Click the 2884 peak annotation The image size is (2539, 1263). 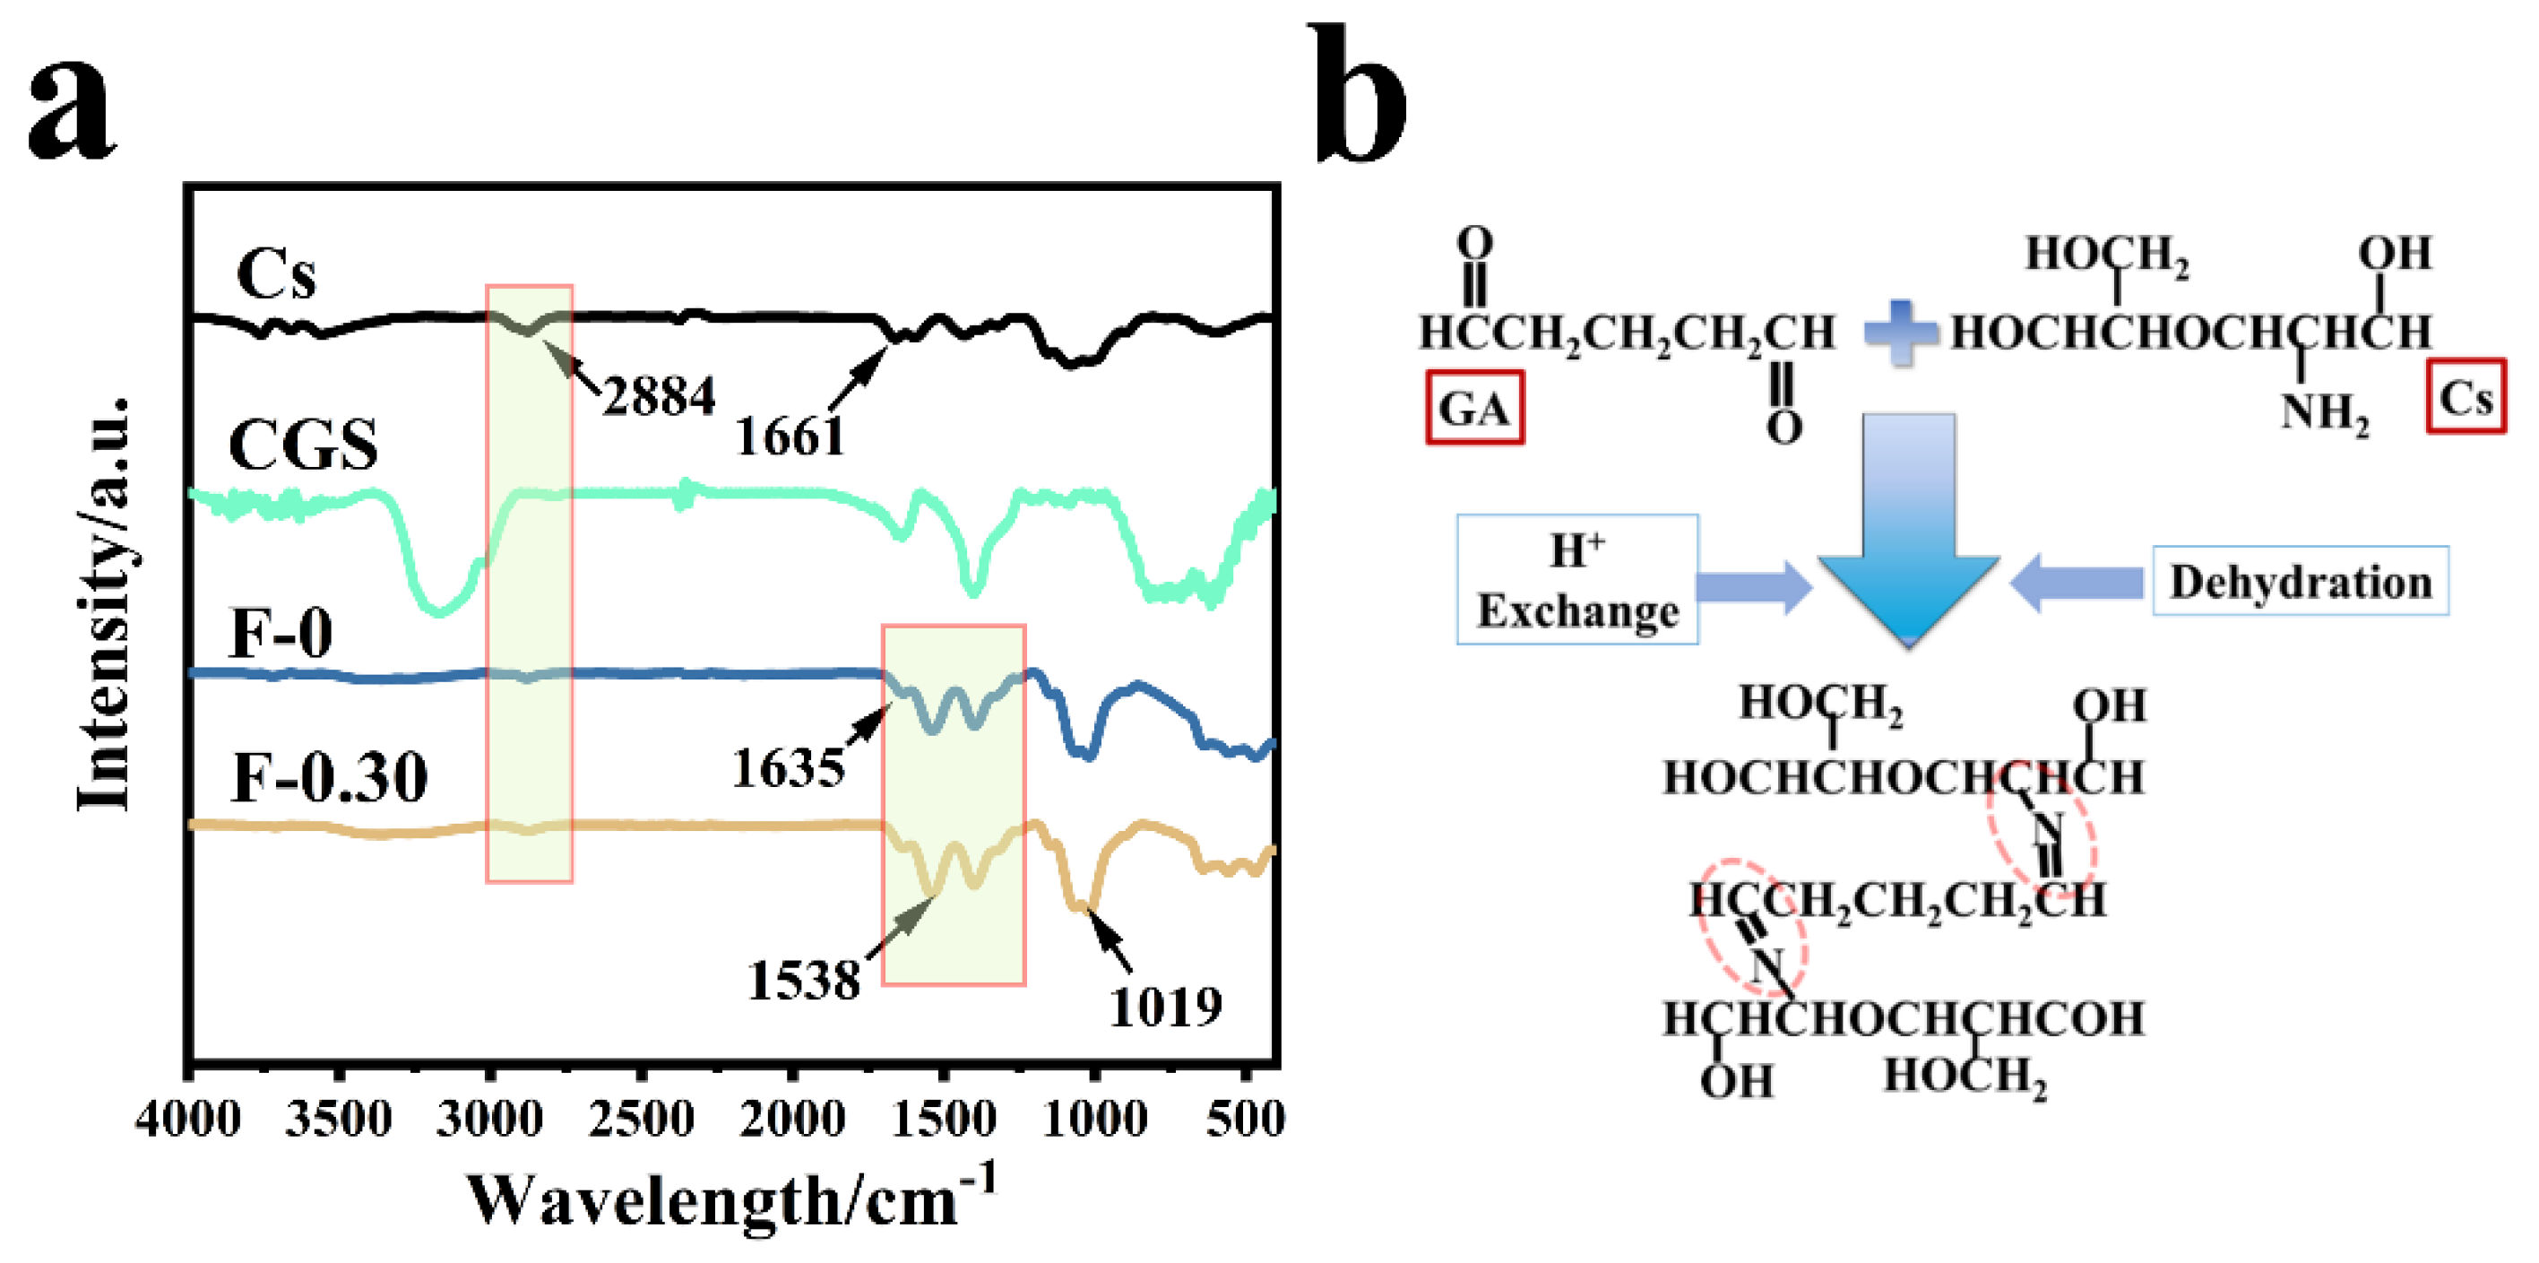point(659,397)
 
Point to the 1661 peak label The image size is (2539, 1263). point(790,436)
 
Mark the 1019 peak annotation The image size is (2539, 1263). point(1165,1008)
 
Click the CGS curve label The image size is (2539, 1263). point(303,445)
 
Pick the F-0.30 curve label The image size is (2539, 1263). point(329,778)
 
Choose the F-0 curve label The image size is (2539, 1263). point(281,633)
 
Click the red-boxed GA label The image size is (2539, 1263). point(1474,408)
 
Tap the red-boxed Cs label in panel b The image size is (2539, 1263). point(2466,396)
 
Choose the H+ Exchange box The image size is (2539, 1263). point(1577,580)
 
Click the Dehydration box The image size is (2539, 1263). point(2300,582)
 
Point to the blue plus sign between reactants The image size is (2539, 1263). point(1900,333)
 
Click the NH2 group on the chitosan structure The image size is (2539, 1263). point(2324,413)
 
